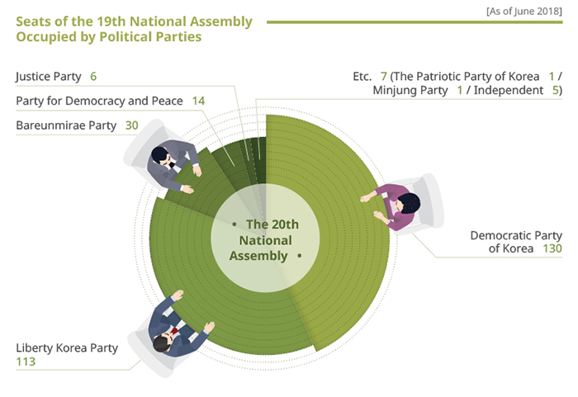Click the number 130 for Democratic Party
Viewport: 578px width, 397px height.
(552, 248)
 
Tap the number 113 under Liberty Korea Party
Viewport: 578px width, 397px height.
(26, 362)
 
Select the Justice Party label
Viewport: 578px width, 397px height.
(49, 77)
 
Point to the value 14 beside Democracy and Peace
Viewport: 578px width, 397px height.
(198, 101)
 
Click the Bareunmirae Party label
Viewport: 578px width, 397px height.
(66, 125)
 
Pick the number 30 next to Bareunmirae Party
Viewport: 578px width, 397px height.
(131, 125)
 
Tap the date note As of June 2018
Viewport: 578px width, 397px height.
(524, 12)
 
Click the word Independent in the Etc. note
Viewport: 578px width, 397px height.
(509, 90)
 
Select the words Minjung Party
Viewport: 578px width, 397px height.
(410, 91)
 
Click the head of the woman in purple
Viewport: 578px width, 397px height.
(409, 203)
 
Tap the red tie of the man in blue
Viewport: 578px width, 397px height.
(174, 330)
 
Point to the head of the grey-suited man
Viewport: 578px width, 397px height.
(159, 155)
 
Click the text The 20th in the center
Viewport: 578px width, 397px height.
(272, 224)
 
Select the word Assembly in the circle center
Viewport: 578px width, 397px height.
(258, 256)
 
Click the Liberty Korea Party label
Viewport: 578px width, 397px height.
(67, 348)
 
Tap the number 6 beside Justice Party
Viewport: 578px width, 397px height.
(93, 76)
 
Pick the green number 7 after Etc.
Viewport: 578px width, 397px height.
(384, 76)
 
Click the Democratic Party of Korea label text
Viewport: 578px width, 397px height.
(516, 242)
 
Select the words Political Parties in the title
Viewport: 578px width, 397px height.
(150, 37)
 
